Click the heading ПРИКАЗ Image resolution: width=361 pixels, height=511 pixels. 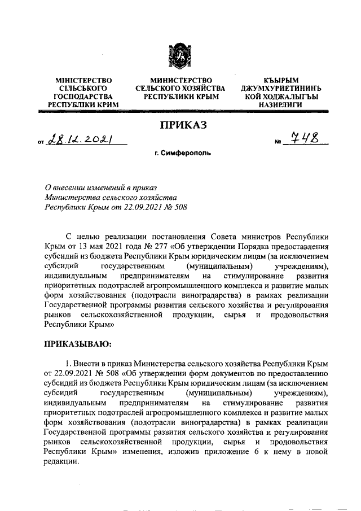click(180, 125)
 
